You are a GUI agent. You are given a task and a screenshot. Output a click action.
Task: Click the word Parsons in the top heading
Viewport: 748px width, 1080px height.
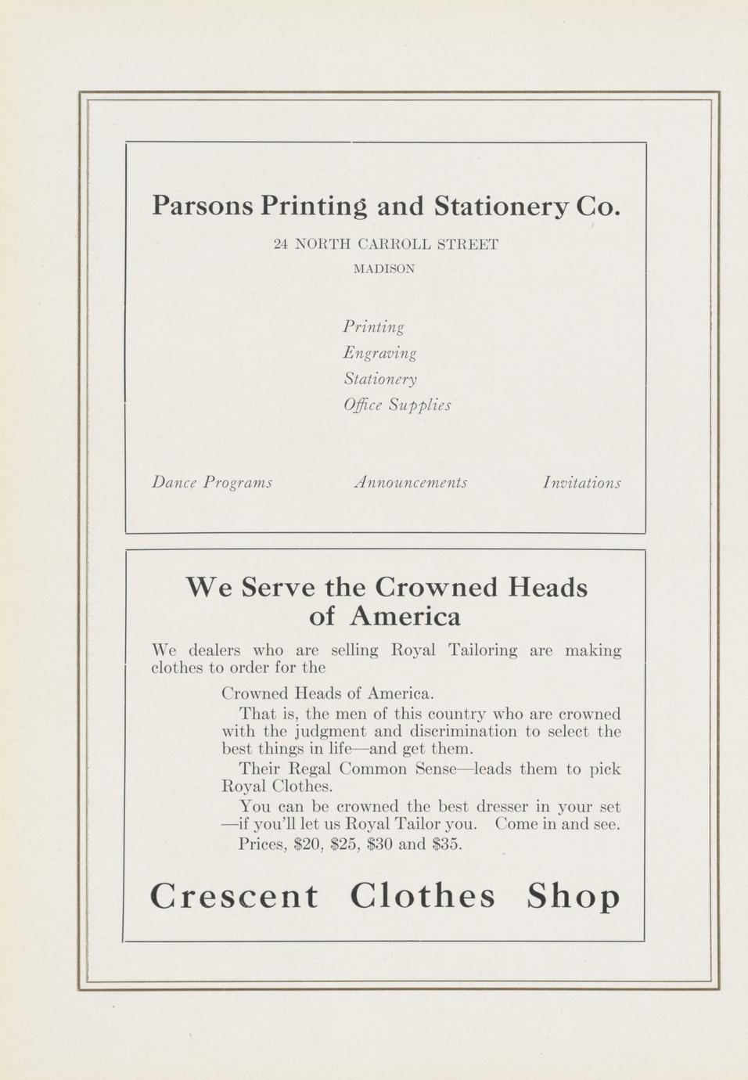[203, 206]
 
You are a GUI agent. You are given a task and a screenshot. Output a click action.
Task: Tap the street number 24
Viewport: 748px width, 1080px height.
[281, 244]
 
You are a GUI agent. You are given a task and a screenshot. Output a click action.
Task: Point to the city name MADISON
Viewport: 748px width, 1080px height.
[384, 269]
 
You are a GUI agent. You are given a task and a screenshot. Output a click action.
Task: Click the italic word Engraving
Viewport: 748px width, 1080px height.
[379, 353]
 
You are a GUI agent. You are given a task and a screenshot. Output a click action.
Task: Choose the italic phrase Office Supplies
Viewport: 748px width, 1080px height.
[397, 405]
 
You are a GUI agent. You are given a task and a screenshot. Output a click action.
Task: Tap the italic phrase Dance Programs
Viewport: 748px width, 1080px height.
[212, 482]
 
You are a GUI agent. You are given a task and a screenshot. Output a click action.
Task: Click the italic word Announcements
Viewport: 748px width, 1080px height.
[411, 482]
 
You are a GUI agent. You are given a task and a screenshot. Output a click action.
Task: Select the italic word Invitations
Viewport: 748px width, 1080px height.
[581, 483]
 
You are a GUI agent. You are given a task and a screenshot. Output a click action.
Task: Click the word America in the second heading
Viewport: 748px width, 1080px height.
[405, 617]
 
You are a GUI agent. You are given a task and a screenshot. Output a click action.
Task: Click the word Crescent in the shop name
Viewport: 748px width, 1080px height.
[234, 896]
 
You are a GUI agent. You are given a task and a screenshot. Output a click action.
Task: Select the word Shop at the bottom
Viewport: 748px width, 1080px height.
[574, 897]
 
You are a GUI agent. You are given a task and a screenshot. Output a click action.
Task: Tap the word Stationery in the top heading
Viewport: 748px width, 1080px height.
[500, 206]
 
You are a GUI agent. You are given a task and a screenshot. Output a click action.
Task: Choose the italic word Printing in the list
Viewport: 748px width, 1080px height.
[373, 326]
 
